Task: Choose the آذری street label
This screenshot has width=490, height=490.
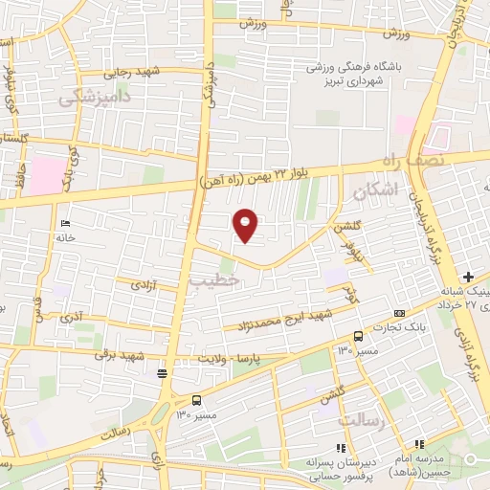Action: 72,316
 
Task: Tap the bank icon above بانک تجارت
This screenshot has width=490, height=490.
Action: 399,314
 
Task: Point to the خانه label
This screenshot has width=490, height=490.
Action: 65,237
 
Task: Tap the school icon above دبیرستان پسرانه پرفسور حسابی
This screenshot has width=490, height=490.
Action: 339,447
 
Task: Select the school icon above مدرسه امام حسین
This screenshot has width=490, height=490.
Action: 419,444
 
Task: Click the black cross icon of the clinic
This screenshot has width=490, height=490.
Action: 467,276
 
